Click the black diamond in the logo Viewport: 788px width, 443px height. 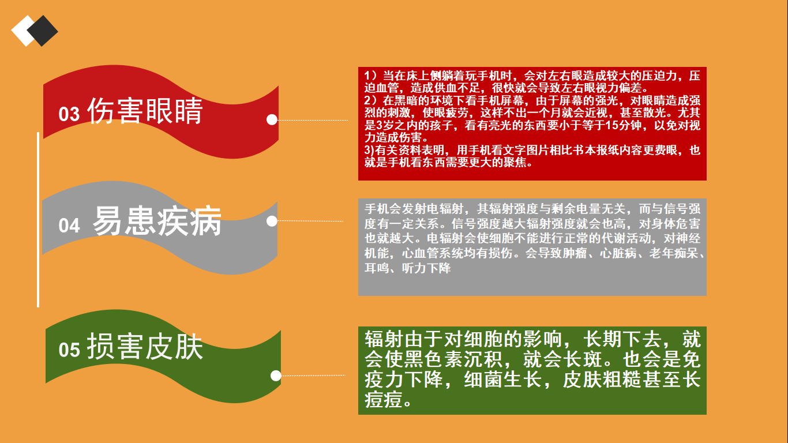tap(43, 31)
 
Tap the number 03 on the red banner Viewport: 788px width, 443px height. tap(69, 114)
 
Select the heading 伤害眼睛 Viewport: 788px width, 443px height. tap(145, 111)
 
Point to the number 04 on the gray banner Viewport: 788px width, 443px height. tap(69, 226)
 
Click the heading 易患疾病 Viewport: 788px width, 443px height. tap(157, 220)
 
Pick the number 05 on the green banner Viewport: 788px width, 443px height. tap(69, 350)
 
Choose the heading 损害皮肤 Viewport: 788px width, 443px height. tap(145, 347)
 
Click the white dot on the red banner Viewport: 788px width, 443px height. tap(272, 119)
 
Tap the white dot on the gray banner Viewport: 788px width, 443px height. tap(272, 221)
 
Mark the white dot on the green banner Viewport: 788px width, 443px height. tap(276, 376)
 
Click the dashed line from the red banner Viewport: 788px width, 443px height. tap(313, 120)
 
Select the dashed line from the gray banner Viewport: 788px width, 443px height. tap(310, 221)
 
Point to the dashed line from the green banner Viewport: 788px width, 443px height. tap(313, 376)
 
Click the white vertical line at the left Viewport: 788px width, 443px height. tap(38, 220)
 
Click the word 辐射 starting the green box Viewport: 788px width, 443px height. tap(384, 339)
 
